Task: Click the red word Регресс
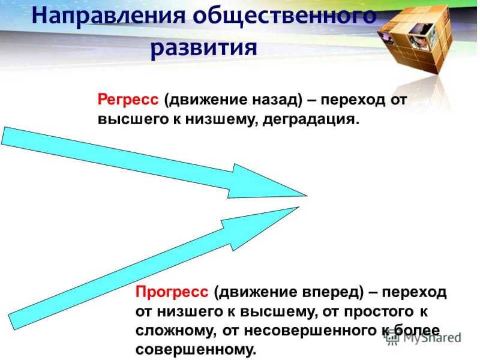pyautogui.click(x=128, y=100)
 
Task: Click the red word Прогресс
pyautogui.click(x=172, y=292)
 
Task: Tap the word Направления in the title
pyautogui.click(x=109, y=16)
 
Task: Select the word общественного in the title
pyautogui.click(x=284, y=16)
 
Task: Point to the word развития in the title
pyautogui.click(x=204, y=47)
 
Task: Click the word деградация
pyautogui.click(x=311, y=119)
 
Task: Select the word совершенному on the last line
pyautogui.click(x=196, y=350)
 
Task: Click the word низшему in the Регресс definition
pyautogui.click(x=220, y=119)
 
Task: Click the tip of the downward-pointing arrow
pyautogui.click(x=307, y=196)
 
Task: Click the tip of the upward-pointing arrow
pyautogui.click(x=299, y=207)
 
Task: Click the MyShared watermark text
pyautogui.click(x=431, y=337)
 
